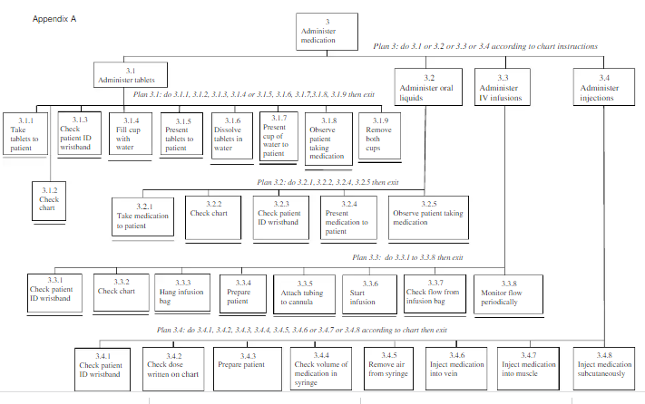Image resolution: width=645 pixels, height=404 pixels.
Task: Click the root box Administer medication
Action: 327,32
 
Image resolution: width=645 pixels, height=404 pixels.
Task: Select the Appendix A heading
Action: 54,19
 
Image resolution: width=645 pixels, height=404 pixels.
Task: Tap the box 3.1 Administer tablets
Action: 131,74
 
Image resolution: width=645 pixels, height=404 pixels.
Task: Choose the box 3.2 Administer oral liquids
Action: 428,87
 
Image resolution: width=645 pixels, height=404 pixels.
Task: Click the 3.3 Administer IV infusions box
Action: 503,87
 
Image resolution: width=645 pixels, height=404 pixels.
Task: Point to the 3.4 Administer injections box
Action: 604,87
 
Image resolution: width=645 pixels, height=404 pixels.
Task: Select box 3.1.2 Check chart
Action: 49,201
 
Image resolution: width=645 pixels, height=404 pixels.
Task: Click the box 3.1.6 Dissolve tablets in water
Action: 232,136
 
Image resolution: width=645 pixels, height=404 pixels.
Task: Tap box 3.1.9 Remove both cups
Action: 380,136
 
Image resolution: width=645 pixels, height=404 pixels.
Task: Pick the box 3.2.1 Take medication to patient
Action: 142,216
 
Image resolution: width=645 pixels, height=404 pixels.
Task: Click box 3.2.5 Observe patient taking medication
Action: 428,217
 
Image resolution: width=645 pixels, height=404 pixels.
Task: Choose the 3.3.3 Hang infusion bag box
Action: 182,293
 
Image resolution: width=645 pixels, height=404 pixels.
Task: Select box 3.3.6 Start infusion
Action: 369,294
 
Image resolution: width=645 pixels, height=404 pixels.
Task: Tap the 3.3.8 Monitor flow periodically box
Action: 508,294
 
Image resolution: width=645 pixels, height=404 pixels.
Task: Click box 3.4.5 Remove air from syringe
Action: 389,369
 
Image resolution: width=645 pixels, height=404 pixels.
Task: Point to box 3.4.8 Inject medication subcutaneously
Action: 604,369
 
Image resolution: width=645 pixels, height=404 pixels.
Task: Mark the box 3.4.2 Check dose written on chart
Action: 173,369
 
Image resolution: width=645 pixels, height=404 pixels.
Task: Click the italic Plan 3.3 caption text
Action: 407,257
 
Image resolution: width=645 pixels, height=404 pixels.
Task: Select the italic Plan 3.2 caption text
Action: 327,182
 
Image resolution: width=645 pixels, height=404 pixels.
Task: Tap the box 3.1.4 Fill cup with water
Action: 131,134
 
